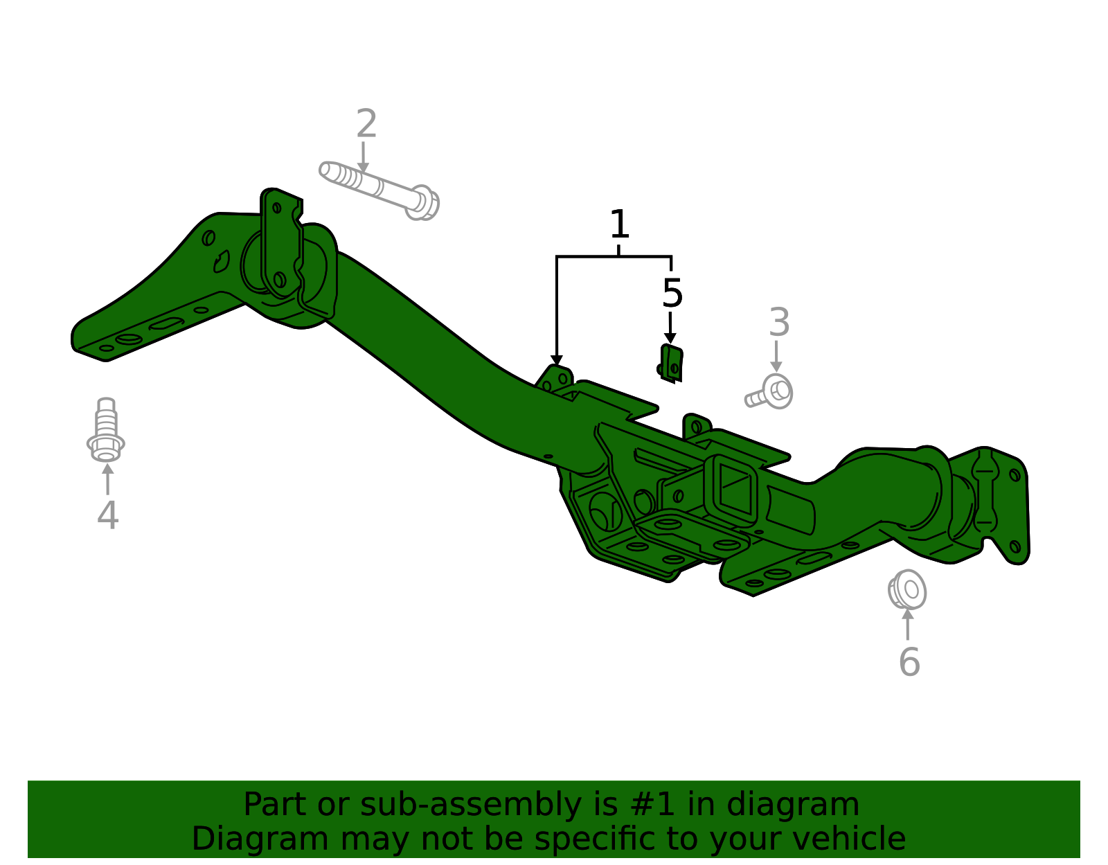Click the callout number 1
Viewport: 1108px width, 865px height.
619,225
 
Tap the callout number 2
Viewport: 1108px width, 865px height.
366,124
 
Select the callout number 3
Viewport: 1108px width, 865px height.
779,323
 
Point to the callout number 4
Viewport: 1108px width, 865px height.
107,516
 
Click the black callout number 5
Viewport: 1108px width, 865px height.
672,294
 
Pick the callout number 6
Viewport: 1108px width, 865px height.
909,662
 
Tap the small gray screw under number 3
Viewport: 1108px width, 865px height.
771,393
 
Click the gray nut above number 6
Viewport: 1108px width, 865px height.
907,590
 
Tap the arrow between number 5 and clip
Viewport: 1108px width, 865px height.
670,328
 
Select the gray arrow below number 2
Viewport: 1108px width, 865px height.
363,159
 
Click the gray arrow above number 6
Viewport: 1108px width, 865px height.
907,623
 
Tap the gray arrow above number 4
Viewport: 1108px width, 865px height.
107,479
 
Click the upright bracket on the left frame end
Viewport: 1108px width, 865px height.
280,242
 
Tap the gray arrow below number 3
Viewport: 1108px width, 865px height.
776,357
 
